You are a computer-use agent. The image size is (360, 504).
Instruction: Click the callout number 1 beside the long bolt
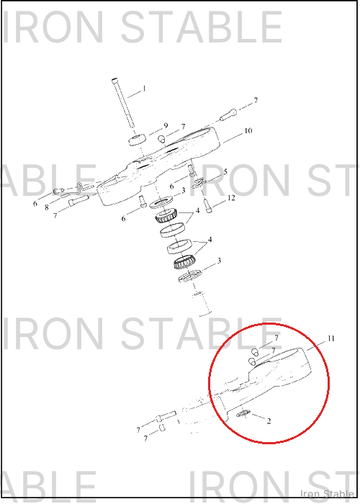[144, 89]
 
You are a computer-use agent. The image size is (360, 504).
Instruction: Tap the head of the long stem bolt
[114, 81]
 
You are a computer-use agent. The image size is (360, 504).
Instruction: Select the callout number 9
[166, 126]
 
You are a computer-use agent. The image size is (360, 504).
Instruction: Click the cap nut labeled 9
[138, 140]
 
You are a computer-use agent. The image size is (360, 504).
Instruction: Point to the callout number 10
[248, 131]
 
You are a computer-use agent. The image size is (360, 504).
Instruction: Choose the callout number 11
[331, 338]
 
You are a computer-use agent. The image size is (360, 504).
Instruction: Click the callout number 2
[269, 421]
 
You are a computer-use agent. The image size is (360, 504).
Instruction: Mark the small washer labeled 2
[243, 414]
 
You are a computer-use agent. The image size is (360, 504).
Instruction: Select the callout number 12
[231, 198]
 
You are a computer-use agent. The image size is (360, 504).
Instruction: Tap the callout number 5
[225, 171]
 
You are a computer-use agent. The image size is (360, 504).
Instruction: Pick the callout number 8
[47, 207]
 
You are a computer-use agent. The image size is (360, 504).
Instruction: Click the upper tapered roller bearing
[166, 215]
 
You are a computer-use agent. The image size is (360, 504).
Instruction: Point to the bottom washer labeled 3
[189, 276]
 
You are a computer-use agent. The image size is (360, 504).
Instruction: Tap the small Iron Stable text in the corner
[327, 494]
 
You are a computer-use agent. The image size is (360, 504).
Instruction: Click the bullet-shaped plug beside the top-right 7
[228, 115]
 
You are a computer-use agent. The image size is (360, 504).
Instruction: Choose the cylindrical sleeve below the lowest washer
[202, 304]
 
